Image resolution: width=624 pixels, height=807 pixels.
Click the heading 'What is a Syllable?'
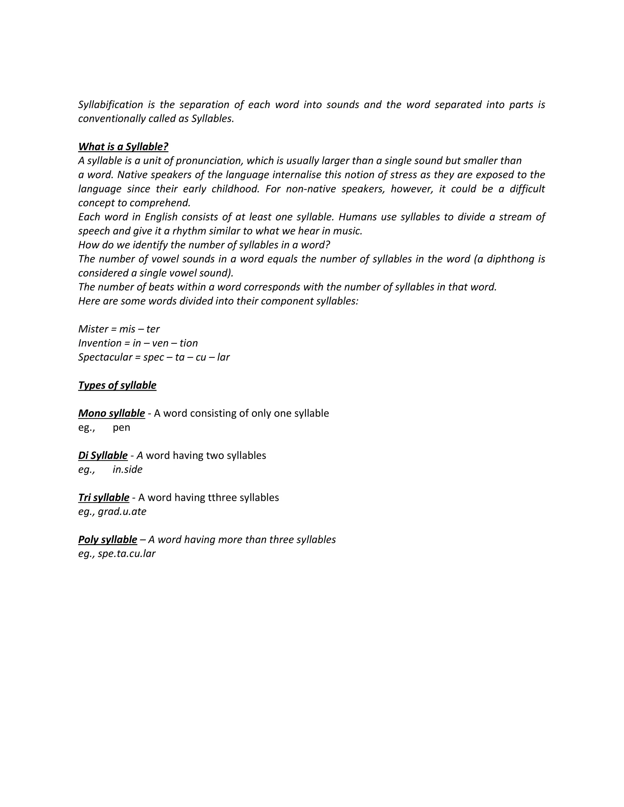tap(123, 147)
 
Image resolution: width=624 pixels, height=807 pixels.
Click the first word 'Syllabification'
tap(111, 104)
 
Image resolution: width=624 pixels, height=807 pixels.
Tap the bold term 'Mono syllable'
tap(111, 413)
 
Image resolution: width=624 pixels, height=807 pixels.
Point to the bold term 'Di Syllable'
tap(103, 455)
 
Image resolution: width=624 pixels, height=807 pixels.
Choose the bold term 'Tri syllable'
tap(104, 497)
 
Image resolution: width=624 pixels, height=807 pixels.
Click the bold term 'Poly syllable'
tap(108, 540)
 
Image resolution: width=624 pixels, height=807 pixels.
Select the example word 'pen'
tap(121, 428)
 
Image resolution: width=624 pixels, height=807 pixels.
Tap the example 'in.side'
tap(128, 469)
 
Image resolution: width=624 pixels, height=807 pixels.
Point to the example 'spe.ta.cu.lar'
tap(126, 554)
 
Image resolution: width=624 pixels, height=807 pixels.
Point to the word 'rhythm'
tap(189, 231)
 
